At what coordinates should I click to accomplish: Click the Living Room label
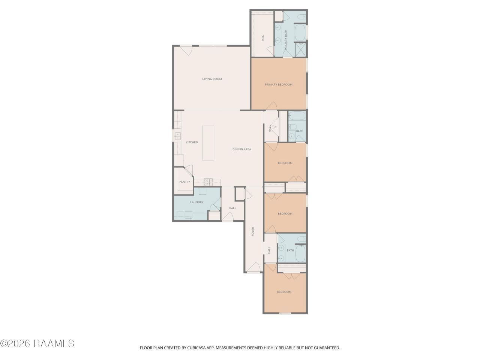211,79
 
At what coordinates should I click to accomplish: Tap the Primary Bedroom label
278,85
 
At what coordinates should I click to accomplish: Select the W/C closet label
262,38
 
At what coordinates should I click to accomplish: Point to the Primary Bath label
286,40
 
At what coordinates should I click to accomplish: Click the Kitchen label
192,142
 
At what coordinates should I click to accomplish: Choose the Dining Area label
241,149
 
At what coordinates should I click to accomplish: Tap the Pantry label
184,182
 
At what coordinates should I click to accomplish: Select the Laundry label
196,202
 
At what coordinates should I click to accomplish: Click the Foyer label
253,231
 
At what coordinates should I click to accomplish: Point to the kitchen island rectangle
208,143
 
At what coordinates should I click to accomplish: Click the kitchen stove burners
208,182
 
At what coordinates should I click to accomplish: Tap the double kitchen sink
177,136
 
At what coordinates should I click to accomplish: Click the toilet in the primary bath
301,16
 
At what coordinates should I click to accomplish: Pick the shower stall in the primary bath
301,49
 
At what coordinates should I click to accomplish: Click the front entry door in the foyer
253,267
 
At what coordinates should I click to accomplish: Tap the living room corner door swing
186,51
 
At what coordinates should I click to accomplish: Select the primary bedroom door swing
271,106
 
